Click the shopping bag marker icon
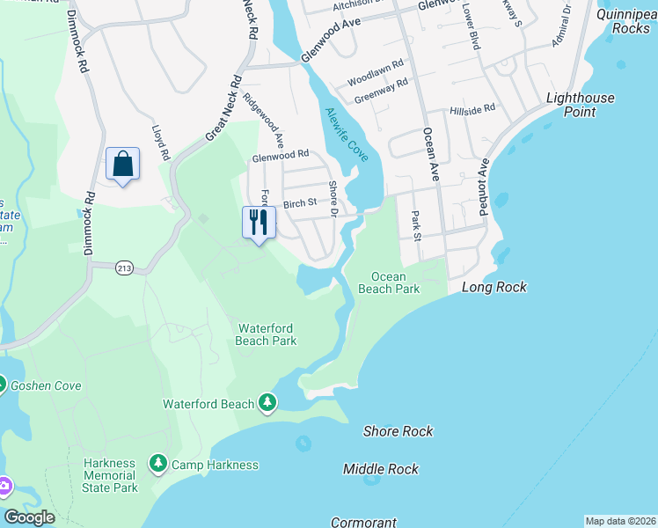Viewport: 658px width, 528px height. click(122, 165)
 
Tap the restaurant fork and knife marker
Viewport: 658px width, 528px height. click(258, 222)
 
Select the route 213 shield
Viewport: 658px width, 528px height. click(124, 268)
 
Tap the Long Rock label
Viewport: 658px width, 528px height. click(493, 287)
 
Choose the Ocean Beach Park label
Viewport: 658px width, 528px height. click(388, 282)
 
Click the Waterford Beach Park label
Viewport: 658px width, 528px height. click(266, 334)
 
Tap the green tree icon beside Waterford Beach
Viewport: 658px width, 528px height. click(267, 404)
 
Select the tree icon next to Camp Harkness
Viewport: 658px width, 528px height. click(157, 463)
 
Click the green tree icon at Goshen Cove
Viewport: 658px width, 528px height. click(2, 385)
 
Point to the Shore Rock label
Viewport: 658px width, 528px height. click(398, 431)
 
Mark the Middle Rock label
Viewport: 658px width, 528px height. click(381, 469)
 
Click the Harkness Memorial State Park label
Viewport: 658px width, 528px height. click(110, 475)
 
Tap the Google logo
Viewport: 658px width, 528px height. click(29, 517)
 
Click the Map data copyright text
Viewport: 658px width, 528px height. click(619, 521)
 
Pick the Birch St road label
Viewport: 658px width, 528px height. click(300, 203)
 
